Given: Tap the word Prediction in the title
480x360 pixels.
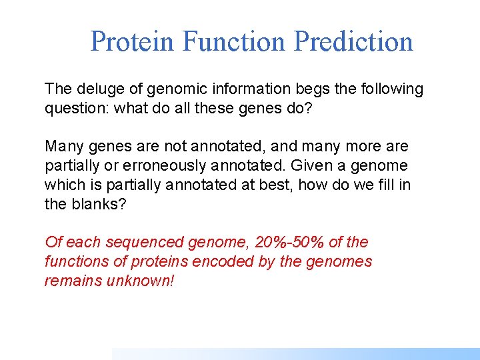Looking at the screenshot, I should coord(353,41).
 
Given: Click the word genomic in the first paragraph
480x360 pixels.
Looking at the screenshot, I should coord(167,89).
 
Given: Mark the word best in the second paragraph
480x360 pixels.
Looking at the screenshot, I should coord(273,185).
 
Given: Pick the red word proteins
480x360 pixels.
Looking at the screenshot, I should coord(149,262).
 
